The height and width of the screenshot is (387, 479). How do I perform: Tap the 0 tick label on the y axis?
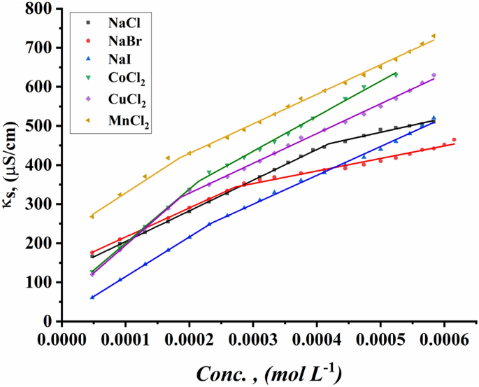[50, 321]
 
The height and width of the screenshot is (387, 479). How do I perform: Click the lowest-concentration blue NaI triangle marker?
[92, 297]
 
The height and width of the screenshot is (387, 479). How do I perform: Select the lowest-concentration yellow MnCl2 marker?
[92, 216]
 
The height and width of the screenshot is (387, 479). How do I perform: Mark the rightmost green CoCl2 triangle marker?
[396, 74]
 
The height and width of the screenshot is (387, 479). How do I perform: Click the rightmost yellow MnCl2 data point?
[434, 36]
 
